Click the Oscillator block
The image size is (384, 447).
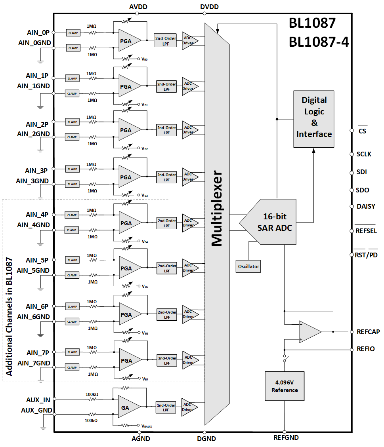click(248, 266)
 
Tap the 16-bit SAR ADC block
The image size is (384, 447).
click(275, 223)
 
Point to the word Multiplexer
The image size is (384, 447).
click(217, 209)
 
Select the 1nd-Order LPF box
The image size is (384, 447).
click(166, 407)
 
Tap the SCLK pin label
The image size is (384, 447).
click(364, 154)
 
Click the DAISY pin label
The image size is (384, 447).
click(365, 206)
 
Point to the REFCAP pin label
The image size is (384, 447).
click(368, 332)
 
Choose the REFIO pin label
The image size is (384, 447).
click(365, 349)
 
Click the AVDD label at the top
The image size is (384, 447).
click(137, 7)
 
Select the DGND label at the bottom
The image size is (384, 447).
click(206, 439)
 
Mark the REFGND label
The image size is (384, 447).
click(286, 437)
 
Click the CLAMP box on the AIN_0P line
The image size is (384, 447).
click(73, 33)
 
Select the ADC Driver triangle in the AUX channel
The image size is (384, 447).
click(189, 407)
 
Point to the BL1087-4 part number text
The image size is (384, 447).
click(319, 42)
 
